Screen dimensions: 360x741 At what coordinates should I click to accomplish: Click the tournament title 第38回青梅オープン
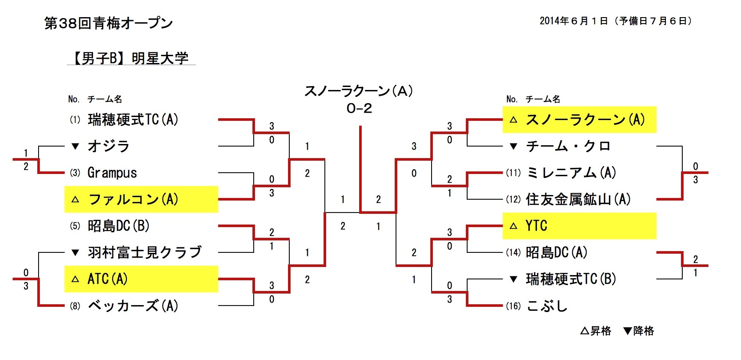108,23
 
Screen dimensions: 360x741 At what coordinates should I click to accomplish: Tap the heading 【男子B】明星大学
131,58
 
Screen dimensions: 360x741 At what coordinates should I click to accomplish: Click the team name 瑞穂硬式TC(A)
133,120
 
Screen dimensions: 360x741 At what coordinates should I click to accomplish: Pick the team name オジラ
108,147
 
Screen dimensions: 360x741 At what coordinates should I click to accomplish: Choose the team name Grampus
112,173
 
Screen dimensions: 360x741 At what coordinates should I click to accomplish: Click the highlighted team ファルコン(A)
133,199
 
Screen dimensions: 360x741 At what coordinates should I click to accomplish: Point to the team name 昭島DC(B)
119,226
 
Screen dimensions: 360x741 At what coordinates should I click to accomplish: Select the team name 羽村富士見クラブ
144,252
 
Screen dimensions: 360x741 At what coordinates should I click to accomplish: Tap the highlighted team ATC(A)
108,279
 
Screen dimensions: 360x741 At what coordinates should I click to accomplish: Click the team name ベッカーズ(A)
133,306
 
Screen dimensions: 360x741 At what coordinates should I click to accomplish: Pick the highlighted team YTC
537,226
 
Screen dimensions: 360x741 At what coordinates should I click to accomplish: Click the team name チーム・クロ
568,147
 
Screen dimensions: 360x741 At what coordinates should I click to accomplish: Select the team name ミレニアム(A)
571,173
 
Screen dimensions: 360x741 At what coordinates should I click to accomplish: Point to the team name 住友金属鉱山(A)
578,199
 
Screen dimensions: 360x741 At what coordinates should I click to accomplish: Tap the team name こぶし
547,306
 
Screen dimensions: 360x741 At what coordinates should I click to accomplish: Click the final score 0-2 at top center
359,108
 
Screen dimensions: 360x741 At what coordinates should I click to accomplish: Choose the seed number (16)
513,306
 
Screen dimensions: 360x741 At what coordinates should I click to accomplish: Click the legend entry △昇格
596,331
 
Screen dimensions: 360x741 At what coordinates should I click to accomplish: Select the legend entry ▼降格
639,331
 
